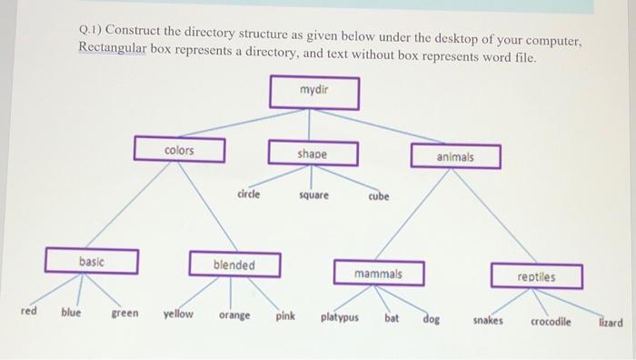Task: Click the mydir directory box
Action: [313, 93]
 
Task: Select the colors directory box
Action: [179, 149]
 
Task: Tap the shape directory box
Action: [312, 154]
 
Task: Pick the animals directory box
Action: [455, 155]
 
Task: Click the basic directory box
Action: [92, 261]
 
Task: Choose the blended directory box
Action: [234, 265]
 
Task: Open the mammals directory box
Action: [379, 273]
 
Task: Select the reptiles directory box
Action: [537, 275]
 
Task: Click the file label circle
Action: [248, 194]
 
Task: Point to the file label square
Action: [313, 195]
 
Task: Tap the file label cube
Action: [379, 196]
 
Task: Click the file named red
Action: [29, 311]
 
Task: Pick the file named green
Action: [125, 313]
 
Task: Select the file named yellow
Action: [178, 314]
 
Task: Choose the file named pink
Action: [285, 315]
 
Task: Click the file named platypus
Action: [340, 318]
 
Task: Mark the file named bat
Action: [392, 318]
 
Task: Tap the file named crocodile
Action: [552, 321]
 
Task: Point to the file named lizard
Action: [611, 322]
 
